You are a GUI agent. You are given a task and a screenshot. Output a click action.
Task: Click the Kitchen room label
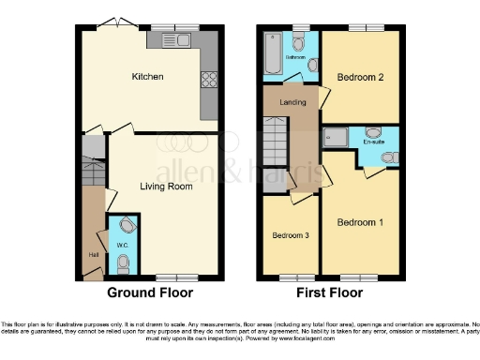[149, 76]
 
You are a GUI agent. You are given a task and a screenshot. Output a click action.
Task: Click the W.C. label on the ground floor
[121, 246]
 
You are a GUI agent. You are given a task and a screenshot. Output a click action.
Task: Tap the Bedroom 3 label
[291, 235]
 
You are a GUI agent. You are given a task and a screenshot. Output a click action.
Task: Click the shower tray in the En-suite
[337, 138]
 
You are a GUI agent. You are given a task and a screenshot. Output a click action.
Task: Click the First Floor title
[323, 292]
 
